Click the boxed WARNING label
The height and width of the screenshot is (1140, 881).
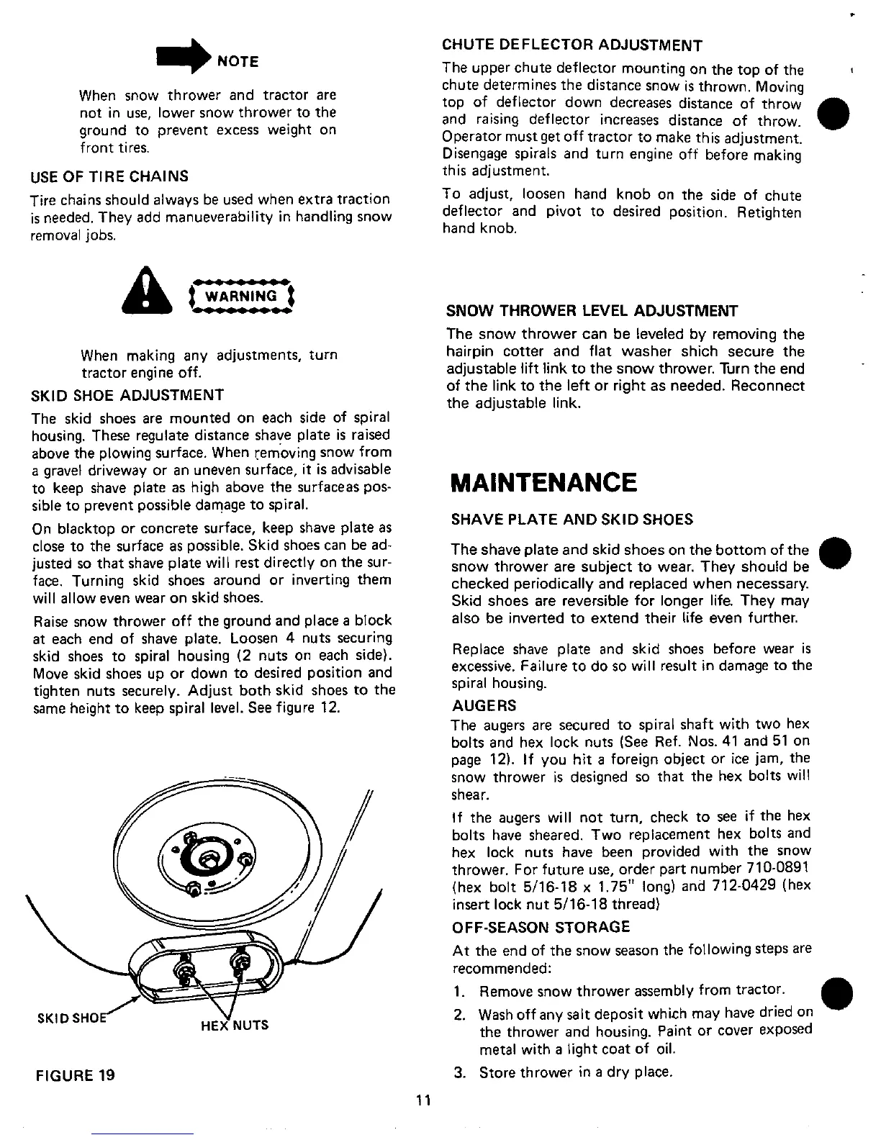pyautogui.click(x=240, y=297)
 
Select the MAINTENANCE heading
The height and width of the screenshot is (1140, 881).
pyautogui.click(x=543, y=481)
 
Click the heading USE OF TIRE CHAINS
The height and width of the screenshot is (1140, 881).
pyautogui.click(x=109, y=176)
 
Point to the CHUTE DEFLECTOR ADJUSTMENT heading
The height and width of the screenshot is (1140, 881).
pyautogui.click(x=571, y=46)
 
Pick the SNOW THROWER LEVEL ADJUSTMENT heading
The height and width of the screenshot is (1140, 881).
pyautogui.click(x=592, y=311)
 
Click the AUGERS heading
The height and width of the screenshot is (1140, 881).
pyautogui.click(x=484, y=705)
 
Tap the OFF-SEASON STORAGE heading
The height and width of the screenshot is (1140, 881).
pyautogui.click(x=541, y=927)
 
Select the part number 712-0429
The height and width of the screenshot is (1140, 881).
pyautogui.click(x=747, y=886)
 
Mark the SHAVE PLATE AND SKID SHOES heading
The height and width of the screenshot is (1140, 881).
pyautogui.click(x=572, y=519)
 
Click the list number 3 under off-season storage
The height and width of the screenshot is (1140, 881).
pyautogui.click(x=458, y=1073)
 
